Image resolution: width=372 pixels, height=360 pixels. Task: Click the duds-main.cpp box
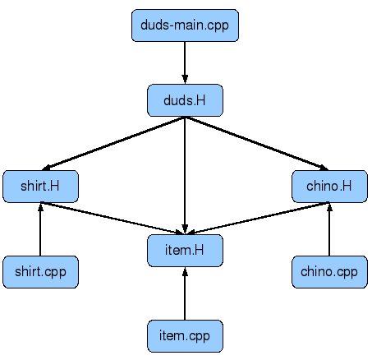click(x=185, y=25)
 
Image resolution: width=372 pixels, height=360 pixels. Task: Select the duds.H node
click(x=185, y=100)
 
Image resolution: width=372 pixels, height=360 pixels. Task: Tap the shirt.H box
click(x=40, y=187)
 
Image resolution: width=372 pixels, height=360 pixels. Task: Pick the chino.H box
click(x=329, y=187)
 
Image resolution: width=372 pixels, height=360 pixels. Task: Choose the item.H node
click(x=185, y=251)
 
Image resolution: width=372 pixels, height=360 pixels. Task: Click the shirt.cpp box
click(x=40, y=272)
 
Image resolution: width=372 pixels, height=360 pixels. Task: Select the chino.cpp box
click(x=329, y=272)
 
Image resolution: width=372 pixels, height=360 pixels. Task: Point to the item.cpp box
click(x=185, y=336)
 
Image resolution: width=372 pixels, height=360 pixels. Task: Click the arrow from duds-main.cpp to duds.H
click(x=185, y=62)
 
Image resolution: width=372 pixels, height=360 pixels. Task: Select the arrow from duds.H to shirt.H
click(x=113, y=144)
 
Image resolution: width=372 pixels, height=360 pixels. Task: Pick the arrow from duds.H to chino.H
click(x=257, y=144)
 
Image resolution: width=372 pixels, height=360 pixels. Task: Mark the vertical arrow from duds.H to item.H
click(x=185, y=175)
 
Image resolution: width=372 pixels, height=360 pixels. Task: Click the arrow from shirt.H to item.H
click(x=112, y=219)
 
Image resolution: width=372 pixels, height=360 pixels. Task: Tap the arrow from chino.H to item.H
click(x=259, y=219)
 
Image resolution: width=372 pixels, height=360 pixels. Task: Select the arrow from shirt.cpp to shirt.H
click(x=40, y=229)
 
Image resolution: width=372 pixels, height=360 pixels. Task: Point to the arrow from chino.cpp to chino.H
click(x=329, y=229)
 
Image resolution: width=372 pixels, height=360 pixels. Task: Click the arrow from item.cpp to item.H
click(x=185, y=293)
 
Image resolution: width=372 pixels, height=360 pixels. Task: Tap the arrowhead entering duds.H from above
click(x=185, y=79)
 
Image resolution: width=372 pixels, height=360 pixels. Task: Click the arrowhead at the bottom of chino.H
click(x=329, y=207)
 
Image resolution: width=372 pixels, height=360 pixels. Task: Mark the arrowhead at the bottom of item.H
click(x=185, y=271)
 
